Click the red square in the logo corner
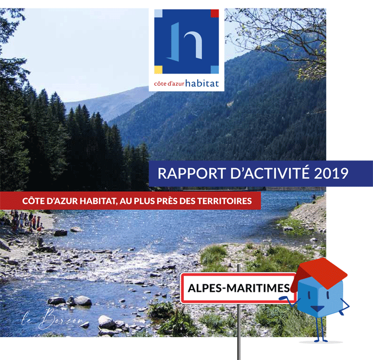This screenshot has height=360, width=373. (x=215, y=13)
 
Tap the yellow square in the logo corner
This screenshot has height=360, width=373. (x=158, y=70)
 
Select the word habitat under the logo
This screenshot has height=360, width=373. (x=202, y=83)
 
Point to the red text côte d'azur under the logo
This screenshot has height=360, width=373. (x=169, y=84)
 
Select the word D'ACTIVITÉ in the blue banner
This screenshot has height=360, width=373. (x=270, y=173)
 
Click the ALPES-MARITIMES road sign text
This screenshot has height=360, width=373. (x=239, y=288)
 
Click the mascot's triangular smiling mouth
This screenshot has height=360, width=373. (x=318, y=309)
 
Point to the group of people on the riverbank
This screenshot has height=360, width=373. (x=26, y=221)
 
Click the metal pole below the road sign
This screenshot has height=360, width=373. (x=239, y=331)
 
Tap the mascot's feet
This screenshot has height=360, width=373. (x=320, y=340)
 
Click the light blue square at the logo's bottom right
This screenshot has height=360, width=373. (x=215, y=70)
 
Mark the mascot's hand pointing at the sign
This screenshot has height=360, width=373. (x=283, y=298)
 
